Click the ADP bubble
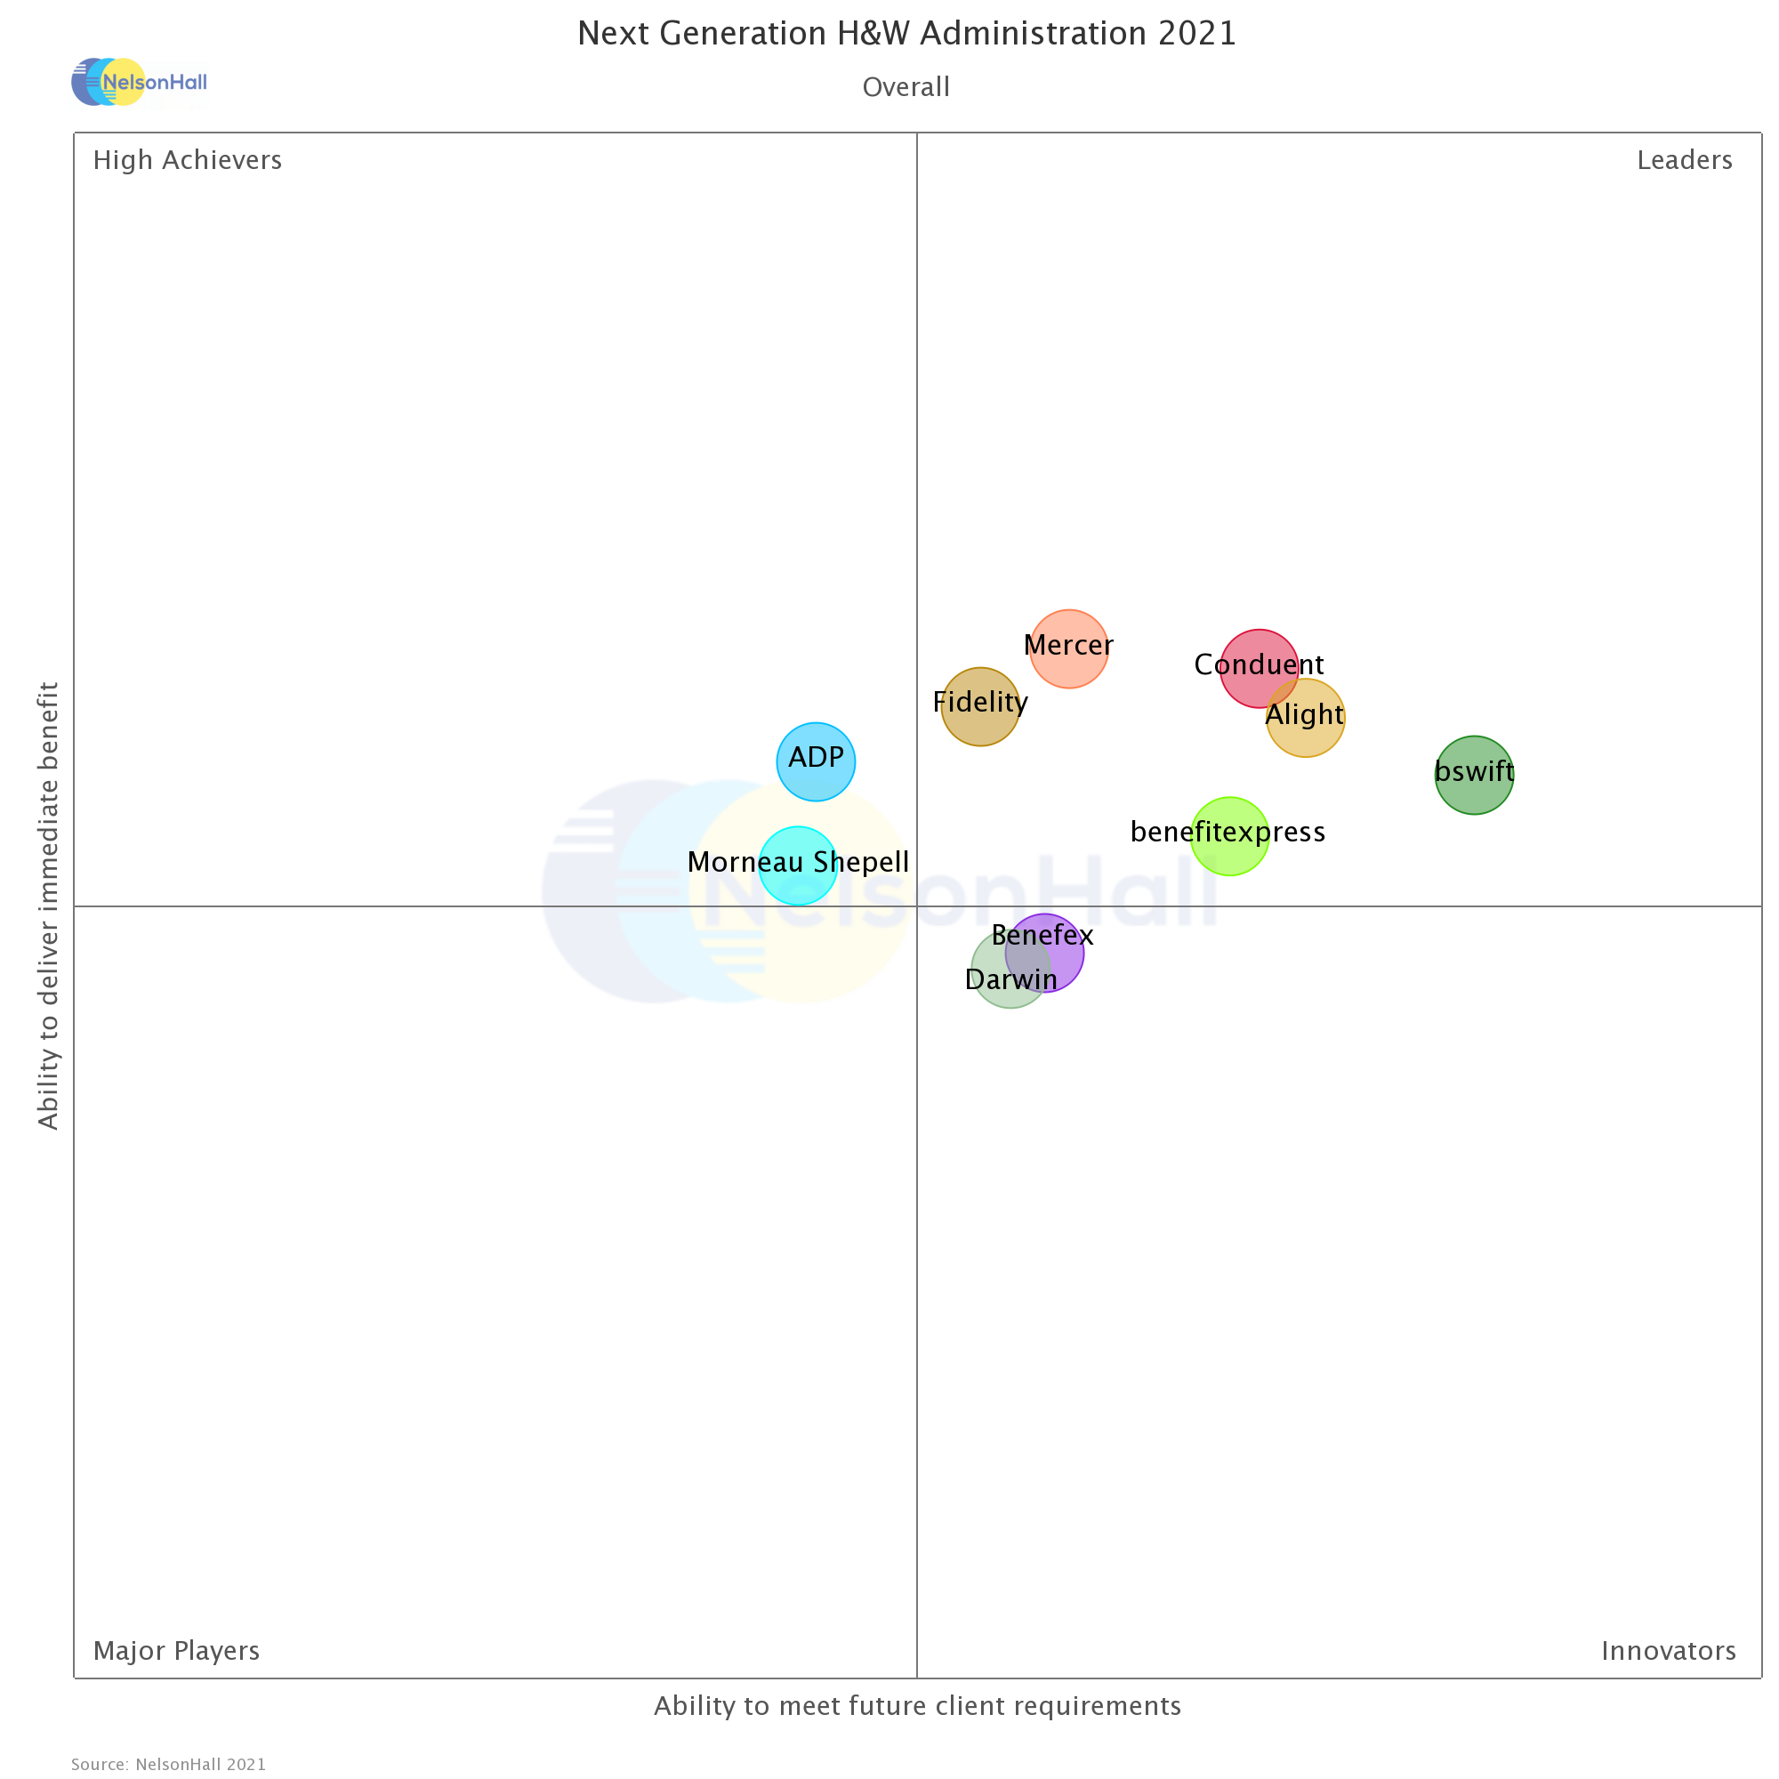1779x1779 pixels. pyautogui.click(x=816, y=761)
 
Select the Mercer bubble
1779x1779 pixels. pyautogui.click(x=1068, y=648)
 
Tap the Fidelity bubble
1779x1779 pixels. pyautogui.click(x=979, y=706)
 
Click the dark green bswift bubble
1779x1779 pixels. pyautogui.click(x=1473, y=775)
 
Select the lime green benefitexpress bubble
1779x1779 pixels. pyautogui.click(x=1229, y=835)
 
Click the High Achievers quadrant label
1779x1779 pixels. pyautogui.click(x=187, y=160)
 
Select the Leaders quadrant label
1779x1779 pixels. pyautogui.click(x=1683, y=160)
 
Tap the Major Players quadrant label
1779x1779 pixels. pyautogui.click(x=176, y=1650)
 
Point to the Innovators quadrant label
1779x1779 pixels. pyautogui.click(x=1668, y=1650)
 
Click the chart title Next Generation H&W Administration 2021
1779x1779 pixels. pyautogui.click(x=906, y=34)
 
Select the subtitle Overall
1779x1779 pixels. pyautogui.click(x=906, y=87)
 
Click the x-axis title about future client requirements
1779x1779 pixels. pyautogui.click(x=917, y=1705)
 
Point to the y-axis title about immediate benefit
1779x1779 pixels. pyautogui.click(x=48, y=906)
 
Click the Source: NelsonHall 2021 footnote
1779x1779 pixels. pyautogui.click(x=168, y=1764)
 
